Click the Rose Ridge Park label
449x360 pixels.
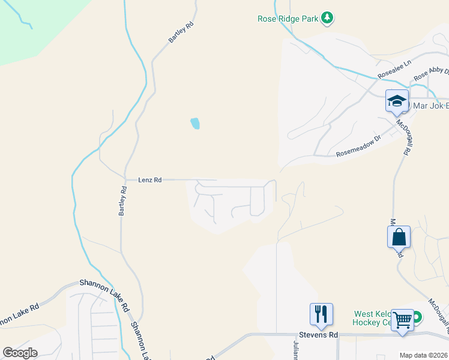point(288,19)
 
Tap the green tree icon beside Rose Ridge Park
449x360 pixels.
point(327,19)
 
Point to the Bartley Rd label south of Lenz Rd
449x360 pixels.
point(122,202)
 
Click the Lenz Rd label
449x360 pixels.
point(150,179)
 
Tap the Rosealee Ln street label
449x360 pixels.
point(394,70)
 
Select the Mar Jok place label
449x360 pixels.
point(427,108)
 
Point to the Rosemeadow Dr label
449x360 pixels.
point(358,146)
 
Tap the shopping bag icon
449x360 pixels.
point(399,237)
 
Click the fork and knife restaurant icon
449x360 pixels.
point(321,314)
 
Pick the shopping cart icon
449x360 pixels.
point(402,320)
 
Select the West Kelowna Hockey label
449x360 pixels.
point(373,318)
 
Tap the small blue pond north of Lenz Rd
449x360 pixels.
point(195,124)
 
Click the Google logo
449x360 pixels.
point(20,353)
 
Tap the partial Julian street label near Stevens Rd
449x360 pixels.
point(295,349)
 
